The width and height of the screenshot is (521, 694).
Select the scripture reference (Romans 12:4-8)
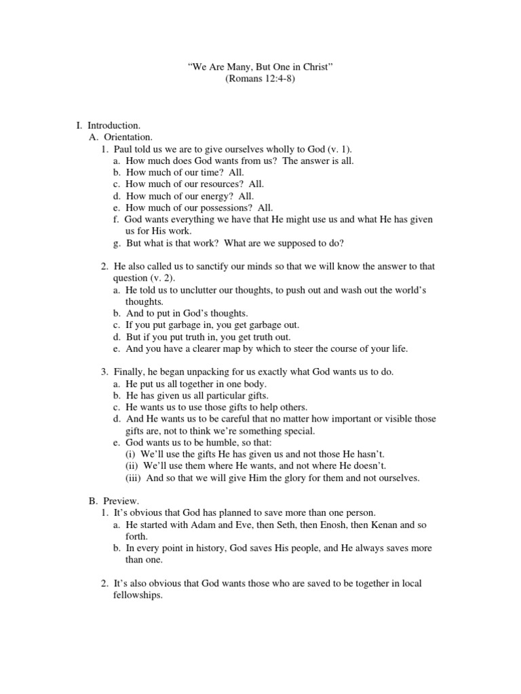tap(260, 79)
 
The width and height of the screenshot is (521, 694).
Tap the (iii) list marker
tap(134, 478)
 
